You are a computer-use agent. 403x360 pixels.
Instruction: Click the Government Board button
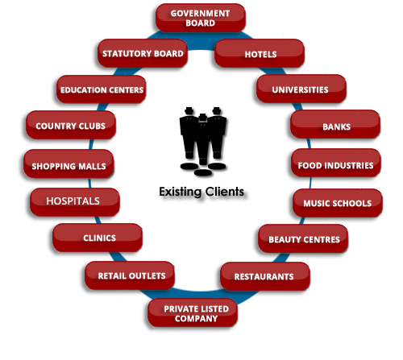click(201, 18)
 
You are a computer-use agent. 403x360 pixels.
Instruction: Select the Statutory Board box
click(143, 53)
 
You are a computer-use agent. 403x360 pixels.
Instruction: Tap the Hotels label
click(260, 53)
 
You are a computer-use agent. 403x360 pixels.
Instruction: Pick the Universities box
click(301, 89)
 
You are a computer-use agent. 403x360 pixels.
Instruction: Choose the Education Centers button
click(102, 89)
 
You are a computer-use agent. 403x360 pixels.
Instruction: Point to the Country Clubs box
click(71, 125)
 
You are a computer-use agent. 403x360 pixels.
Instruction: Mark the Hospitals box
click(75, 202)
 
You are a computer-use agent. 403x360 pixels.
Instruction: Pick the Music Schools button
click(338, 203)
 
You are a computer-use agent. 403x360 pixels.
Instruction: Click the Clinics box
click(98, 238)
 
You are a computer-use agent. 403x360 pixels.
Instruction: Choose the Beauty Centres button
click(303, 238)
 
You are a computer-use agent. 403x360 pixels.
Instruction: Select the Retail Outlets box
click(130, 275)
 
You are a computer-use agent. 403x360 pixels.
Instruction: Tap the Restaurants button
click(265, 276)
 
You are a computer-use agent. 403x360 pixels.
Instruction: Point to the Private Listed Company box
click(193, 313)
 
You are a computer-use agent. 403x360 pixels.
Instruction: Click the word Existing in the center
click(180, 192)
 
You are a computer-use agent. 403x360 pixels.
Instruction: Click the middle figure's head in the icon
click(203, 118)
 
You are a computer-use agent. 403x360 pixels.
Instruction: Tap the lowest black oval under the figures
click(203, 172)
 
